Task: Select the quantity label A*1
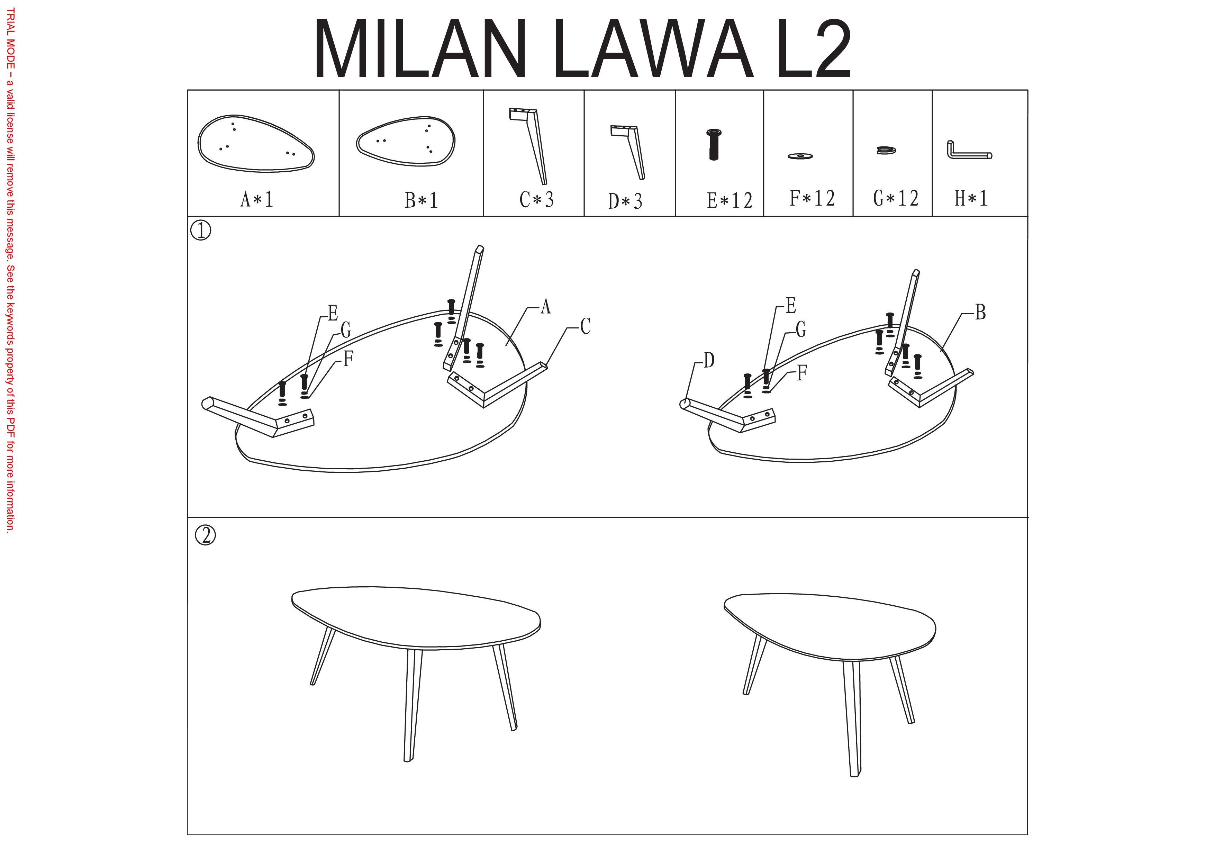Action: (x=257, y=199)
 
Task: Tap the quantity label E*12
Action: (x=730, y=200)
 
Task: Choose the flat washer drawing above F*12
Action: (x=800, y=156)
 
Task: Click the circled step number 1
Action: (x=200, y=231)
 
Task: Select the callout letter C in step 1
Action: (x=585, y=326)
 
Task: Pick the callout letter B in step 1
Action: (x=980, y=313)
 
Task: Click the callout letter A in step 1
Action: (x=546, y=306)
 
